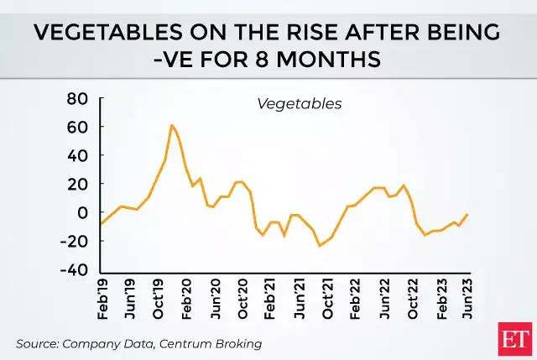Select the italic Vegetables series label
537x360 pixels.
click(x=299, y=104)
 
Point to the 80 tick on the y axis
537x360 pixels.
click(x=77, y=99)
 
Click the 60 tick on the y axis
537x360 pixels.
click(x=77, y=128)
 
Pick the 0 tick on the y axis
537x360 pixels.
click(x=83, y=213)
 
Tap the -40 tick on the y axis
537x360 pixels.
click(x=73, y=270)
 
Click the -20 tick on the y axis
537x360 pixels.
click(x=73, y=242)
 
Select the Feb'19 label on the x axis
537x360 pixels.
click(x=102, y=300)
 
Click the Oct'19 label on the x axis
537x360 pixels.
click(x=158, y=300)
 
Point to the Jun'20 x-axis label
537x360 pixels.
click(x=215, y=300)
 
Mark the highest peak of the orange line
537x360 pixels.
click(x=171, y=125)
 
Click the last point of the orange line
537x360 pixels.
click(x=467, y=214)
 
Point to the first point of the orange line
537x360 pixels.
click(x=101, y=224)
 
